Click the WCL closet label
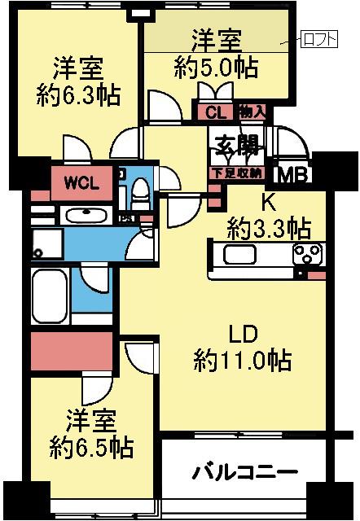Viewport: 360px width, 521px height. [83, 183]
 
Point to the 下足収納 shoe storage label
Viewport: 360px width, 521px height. [237, 173]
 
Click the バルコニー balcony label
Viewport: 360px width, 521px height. [244, 473]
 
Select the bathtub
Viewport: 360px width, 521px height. [50, 298]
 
